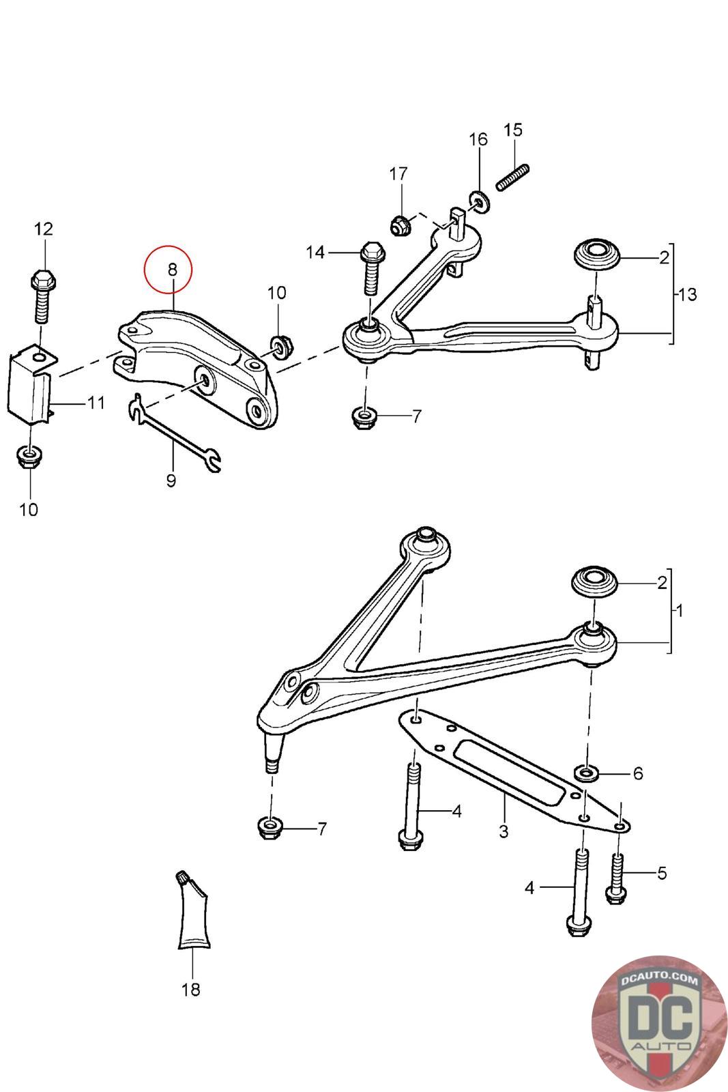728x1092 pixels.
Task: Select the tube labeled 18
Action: coord(193,915)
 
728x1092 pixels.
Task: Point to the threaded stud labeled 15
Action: coord(513,177)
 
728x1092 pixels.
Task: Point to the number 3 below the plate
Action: coord(504,832)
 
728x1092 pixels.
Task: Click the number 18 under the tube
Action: coord(191,989)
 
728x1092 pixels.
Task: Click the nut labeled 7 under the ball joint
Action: coord(271,827)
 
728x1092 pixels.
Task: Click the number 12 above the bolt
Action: coord(43,229)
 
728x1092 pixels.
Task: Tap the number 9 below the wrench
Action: coord(171,480)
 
